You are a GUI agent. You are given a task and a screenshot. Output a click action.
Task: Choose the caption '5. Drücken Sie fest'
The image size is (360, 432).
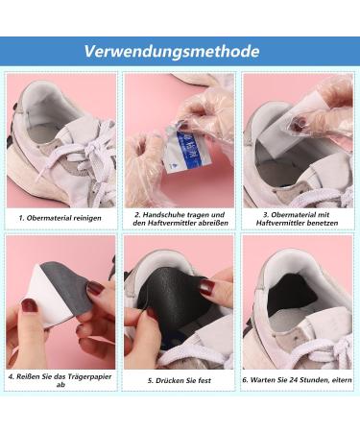(x=179, y=380)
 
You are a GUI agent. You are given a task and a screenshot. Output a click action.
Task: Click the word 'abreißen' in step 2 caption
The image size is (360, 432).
(x=206, y=223)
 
